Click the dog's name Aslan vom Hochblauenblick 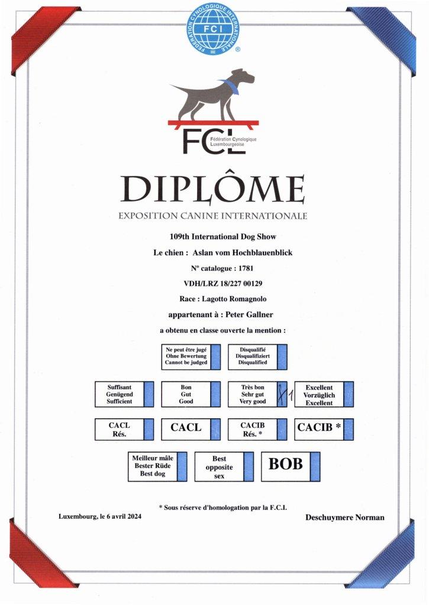[x=243, y=252]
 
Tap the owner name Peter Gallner [x=245, y=315]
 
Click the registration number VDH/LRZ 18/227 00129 [x=214, y=284]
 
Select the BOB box [x=291, y=464]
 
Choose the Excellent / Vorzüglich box [x=324, y=395]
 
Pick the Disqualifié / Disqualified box [x=257, y=357]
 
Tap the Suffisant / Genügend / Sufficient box [x=124, y=395]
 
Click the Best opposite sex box [x=224, y=467]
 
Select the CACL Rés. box [x=124, y=429]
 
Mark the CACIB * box [x=324, y=429]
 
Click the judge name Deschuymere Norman [x=344, y=518]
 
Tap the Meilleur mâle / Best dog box [x=157, y=466]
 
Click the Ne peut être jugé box [x=191, y=357]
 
